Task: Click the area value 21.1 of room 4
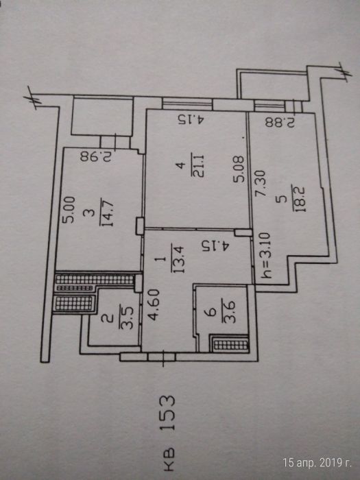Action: [199, 166]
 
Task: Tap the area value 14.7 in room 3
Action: [107, 211]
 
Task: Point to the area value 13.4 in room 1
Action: [178, 259]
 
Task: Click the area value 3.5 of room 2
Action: [125, 317]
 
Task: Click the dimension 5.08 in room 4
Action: [239, 169]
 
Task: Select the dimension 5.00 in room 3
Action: [69, 210]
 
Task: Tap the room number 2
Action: [109, 318]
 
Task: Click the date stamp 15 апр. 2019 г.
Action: [317, 463]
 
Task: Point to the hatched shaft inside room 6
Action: [230, 344]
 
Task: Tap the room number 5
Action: [280, 200]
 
